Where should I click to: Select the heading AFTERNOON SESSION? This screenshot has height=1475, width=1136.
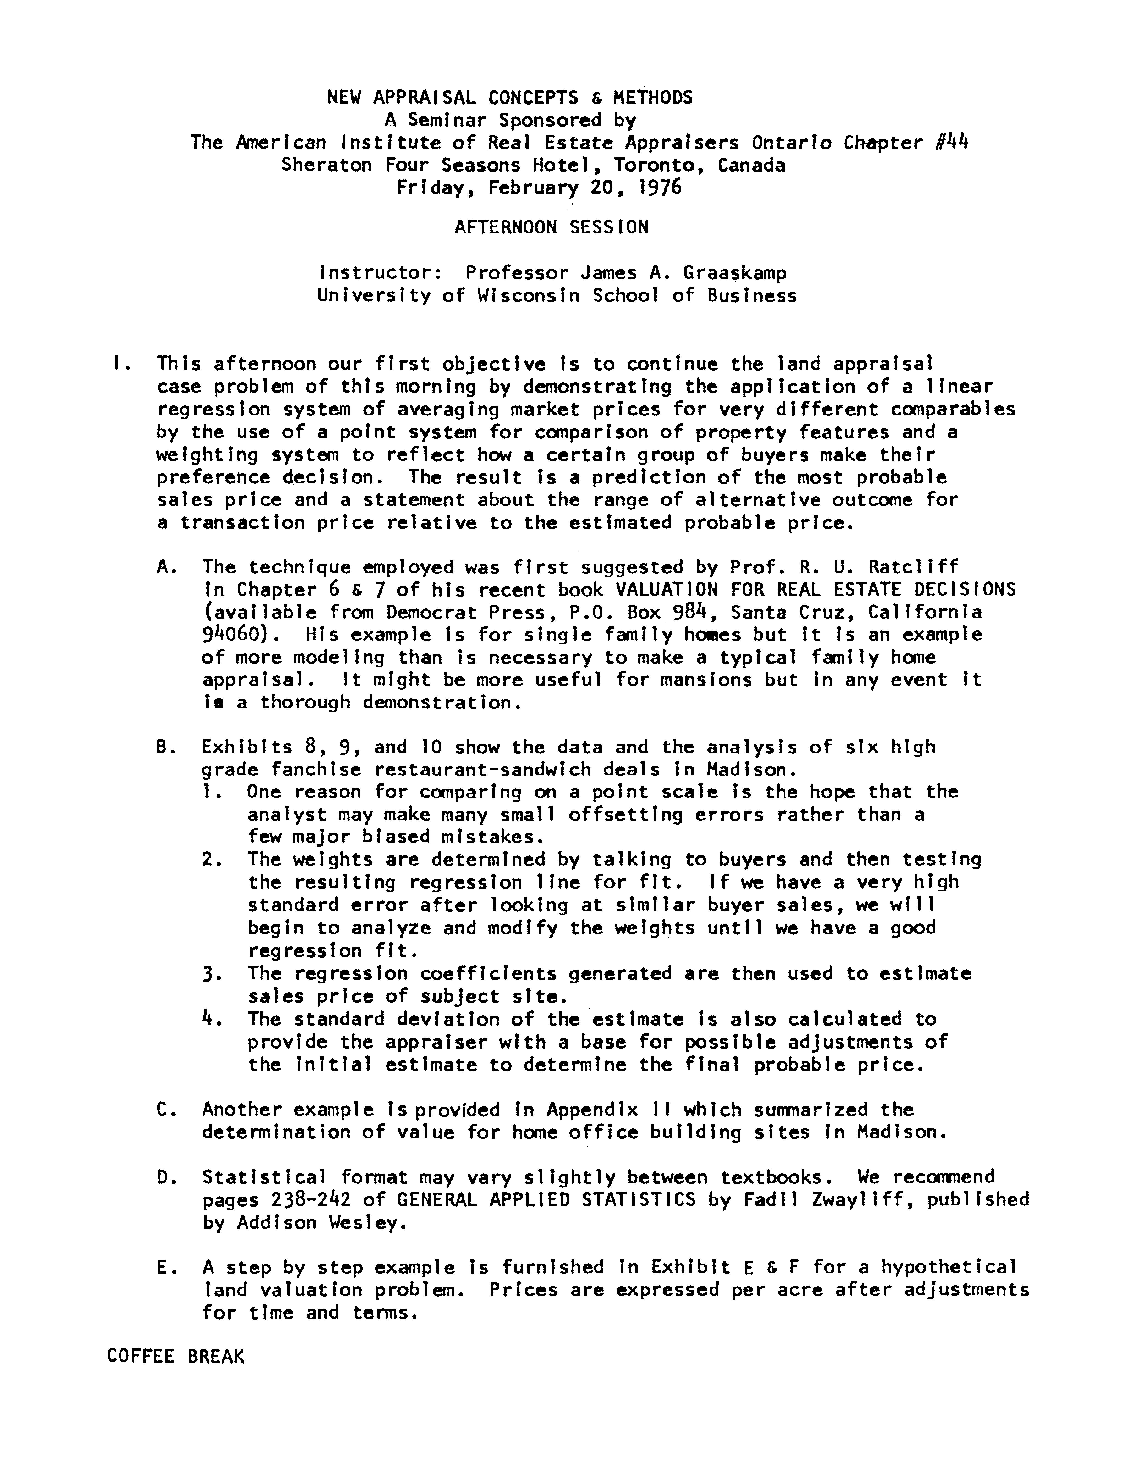point(552,227)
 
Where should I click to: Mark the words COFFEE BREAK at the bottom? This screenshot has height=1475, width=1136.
point(176,1357)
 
